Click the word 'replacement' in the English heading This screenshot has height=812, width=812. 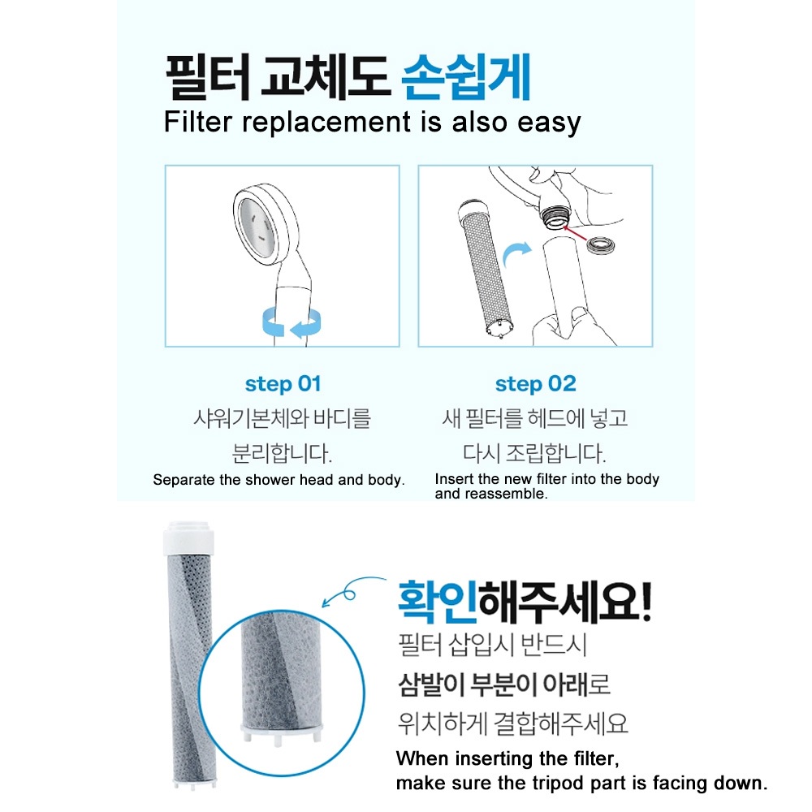pyautogui.click(x=326, y=123)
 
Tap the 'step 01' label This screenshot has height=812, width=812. pyautogui.click(x=283, y=384)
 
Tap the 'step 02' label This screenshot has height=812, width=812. pyautogui.click(x=535, y=384)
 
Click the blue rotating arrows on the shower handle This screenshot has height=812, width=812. pyautogui.click(x=292, y=323)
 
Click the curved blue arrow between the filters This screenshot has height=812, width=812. pyautogui.click(x=516, y=253)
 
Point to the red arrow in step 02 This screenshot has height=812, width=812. pyautogui.click(x=576, y=233)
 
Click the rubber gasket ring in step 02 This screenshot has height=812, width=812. pyautogui.click(x=600, y=245)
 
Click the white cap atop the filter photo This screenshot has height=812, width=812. pyautogui.click(x=188, y=538)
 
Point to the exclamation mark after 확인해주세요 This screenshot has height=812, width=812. pyautogui.click(x=644, y=601)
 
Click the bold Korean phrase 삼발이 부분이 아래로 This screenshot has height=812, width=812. pyautogui.click(x=504, y=684)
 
